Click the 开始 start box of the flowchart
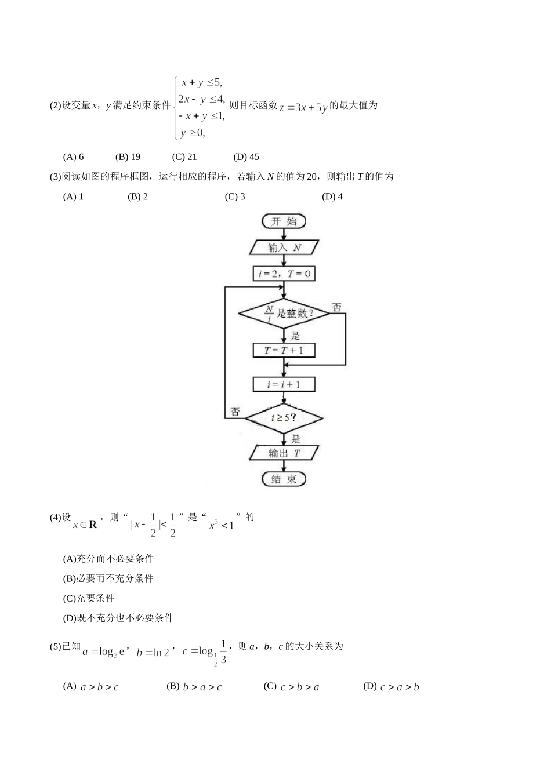tap(284, 221)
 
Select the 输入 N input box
tap(284, 247)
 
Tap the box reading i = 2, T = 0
tap(284, 274)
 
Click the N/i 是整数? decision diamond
tap(284, 314)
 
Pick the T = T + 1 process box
tap(284, 351)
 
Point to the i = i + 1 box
tap(284, 384)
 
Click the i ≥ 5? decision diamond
tap(284, 417)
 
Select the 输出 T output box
tap(284, 453)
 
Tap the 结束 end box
tap(284, 479)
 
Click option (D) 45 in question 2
tap(246, 156)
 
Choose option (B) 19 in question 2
tap(128, 156)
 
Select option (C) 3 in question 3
tap(235, 196)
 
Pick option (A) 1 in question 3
tap(74, 196)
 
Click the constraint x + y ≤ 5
tap(201, 82)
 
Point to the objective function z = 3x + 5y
tap(303, 107)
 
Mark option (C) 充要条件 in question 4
tap(89, 598)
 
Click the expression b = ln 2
tap(153, 652)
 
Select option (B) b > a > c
tap(195, 687)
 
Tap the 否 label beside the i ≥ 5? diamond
tap(235, 412)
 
